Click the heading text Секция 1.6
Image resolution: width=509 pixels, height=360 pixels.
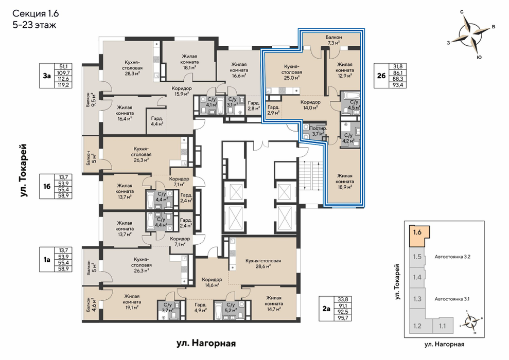(36, 13)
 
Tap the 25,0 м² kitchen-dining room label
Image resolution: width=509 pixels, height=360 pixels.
(291, 72)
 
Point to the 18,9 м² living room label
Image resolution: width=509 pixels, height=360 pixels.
(345, 181)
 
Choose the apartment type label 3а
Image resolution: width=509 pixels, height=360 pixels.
(47, 76)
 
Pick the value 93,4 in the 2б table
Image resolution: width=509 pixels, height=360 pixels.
(397, 85)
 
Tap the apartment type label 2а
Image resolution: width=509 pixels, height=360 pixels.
(326, 309)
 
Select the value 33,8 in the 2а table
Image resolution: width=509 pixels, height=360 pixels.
(342, 300)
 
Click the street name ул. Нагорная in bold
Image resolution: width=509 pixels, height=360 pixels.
(206, 343)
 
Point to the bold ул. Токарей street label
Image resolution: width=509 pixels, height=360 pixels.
(23, 170)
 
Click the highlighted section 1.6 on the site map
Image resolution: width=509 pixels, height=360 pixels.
(419, 235)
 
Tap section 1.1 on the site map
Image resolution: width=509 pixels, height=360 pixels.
(443, 326)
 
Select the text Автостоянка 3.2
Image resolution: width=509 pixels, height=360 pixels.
(452, 257)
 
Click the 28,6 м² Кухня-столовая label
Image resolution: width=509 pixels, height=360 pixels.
(263, 263)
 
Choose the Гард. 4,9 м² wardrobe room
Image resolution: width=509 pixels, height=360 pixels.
(201, 308)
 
